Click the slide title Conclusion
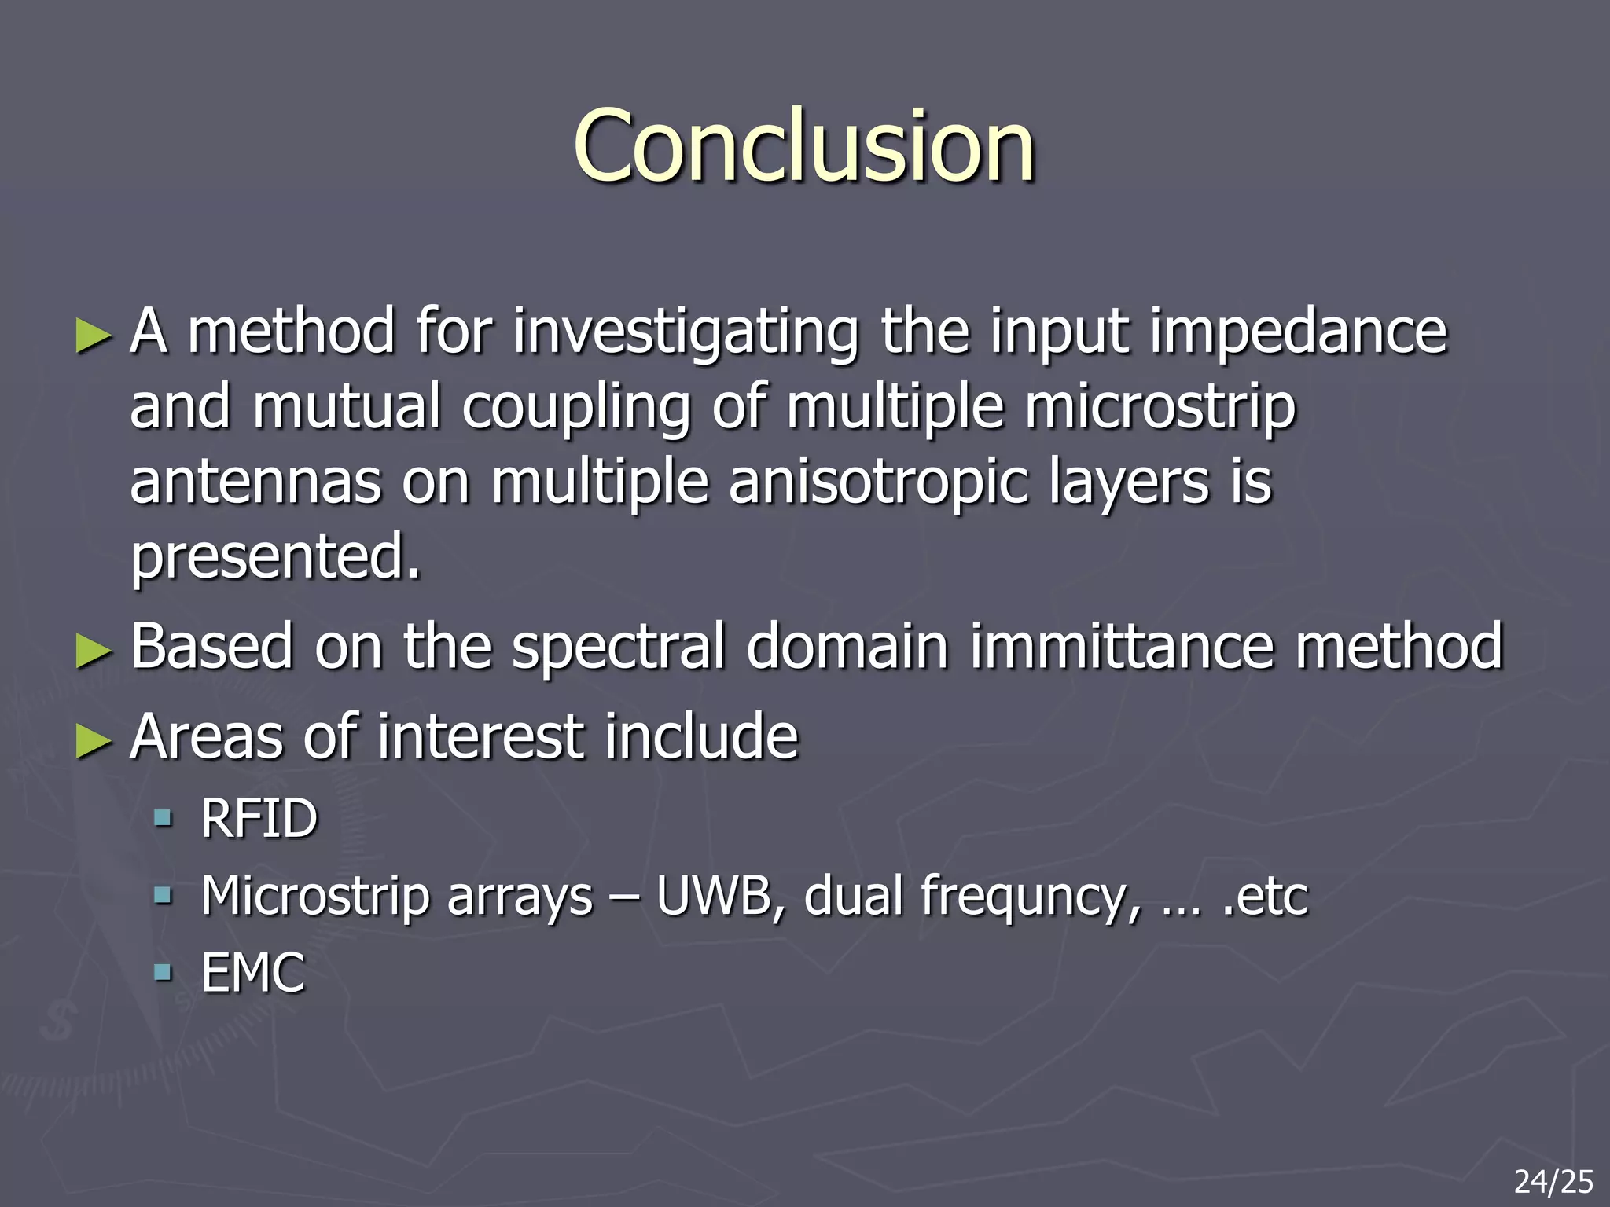803,147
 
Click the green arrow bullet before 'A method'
94,336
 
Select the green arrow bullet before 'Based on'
94,650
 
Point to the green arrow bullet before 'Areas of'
94,740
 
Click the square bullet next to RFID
163,819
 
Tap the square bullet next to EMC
163,973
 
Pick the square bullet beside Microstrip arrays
163,895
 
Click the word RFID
259,819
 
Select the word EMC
252,973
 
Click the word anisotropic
878,482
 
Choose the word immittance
1121,647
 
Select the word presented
275,557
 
